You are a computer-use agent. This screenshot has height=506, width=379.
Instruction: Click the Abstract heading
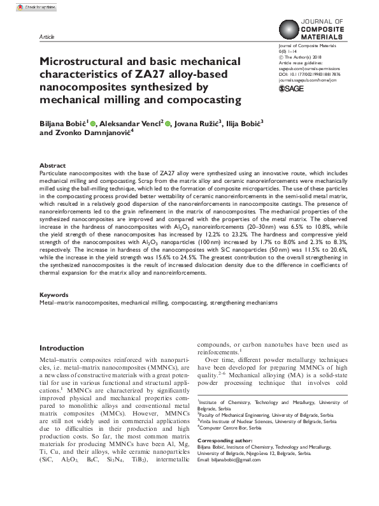(x=52, y=165)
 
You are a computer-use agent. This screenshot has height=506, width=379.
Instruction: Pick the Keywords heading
(x=54, y=296)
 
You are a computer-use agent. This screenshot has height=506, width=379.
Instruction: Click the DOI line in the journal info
(x=310, y=74)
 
